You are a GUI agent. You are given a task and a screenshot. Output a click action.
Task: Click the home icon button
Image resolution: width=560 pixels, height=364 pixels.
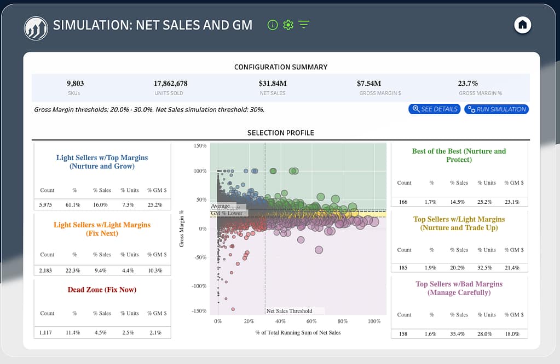tap(523, 25)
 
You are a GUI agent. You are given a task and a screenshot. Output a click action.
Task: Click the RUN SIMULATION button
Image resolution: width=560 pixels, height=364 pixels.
tap(496, 109)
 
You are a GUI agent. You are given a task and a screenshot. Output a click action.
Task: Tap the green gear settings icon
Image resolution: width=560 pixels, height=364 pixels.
tap(288, 25)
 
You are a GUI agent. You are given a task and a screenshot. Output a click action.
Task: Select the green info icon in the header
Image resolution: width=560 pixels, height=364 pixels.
tap(272, 25)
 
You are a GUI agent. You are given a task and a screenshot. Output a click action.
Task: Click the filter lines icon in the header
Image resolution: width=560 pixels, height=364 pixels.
tap(304, 25)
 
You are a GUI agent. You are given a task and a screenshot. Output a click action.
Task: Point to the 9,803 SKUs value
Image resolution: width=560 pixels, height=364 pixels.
tap(75, 84)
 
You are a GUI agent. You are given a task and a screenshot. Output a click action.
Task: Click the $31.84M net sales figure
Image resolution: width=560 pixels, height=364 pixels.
tap(273, 84)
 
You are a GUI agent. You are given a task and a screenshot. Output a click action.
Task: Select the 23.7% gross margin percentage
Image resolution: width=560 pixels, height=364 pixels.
tap(467, 84)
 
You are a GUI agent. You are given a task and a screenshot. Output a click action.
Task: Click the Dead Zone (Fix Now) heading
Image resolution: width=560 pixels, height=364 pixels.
tap(102, 290)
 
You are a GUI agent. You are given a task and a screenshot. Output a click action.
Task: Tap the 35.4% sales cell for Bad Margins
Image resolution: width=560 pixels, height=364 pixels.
tap(459, 334)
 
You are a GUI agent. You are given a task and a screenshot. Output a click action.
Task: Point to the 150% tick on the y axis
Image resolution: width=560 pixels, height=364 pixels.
tap(200, 146)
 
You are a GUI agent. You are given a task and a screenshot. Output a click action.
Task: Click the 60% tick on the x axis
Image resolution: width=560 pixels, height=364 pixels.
tap(311, 321)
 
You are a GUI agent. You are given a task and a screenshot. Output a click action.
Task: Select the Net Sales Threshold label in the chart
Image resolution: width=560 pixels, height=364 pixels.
tap(289, 311)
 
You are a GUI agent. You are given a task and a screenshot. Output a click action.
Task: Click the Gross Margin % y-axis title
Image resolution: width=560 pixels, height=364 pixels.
tap(182, 228)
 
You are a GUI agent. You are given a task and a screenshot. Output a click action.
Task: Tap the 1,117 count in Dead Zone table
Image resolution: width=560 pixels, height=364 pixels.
tap(45, 332)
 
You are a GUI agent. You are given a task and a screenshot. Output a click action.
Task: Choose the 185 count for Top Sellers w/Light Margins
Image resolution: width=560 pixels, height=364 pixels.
tap(404, 268)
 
